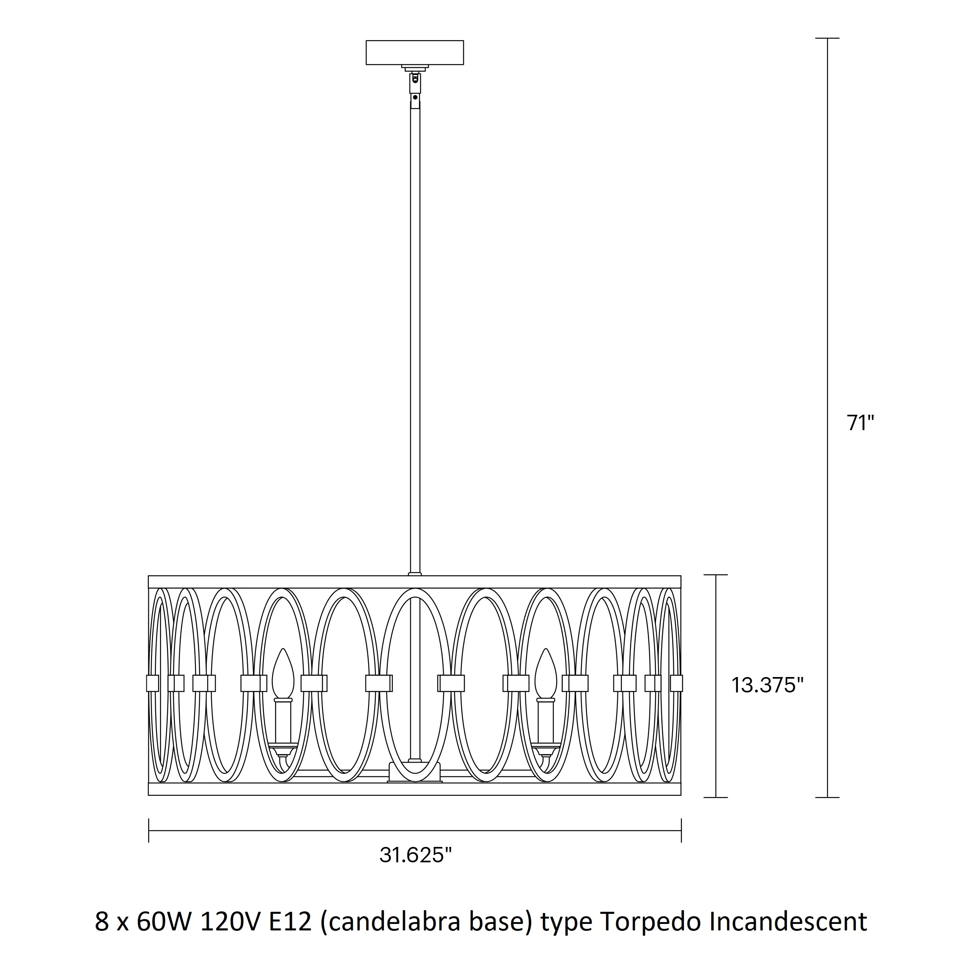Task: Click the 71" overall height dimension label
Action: click(860, 423)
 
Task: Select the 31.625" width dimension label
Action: click(416, 855)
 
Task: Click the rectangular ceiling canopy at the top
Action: click(414, 52)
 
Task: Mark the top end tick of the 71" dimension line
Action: click(827, 38)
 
